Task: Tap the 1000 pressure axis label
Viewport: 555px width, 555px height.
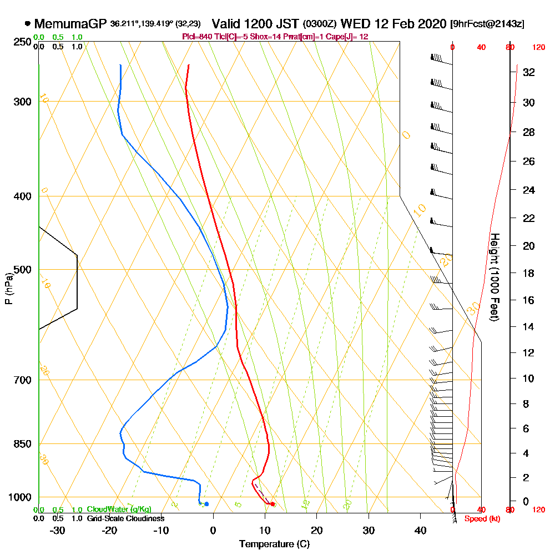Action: [21, 497]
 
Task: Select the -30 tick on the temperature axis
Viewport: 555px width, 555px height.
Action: [58, 530]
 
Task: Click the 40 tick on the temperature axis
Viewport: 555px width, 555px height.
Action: [420, 530]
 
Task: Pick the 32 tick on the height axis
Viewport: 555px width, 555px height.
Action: [528, 72]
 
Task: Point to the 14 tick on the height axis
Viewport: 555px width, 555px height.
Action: [528, 327]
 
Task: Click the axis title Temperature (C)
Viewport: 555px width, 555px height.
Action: [274, 544]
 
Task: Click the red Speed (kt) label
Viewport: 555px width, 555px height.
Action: [480, 519]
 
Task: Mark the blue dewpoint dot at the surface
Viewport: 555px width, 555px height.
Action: [206, 504]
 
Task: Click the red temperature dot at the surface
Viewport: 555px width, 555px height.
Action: [272, 504]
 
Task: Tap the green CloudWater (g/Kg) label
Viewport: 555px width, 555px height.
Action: [119, 509]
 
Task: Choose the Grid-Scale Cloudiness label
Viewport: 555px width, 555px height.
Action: [125, 518]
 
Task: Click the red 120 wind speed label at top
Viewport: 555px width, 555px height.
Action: [538, 48]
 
